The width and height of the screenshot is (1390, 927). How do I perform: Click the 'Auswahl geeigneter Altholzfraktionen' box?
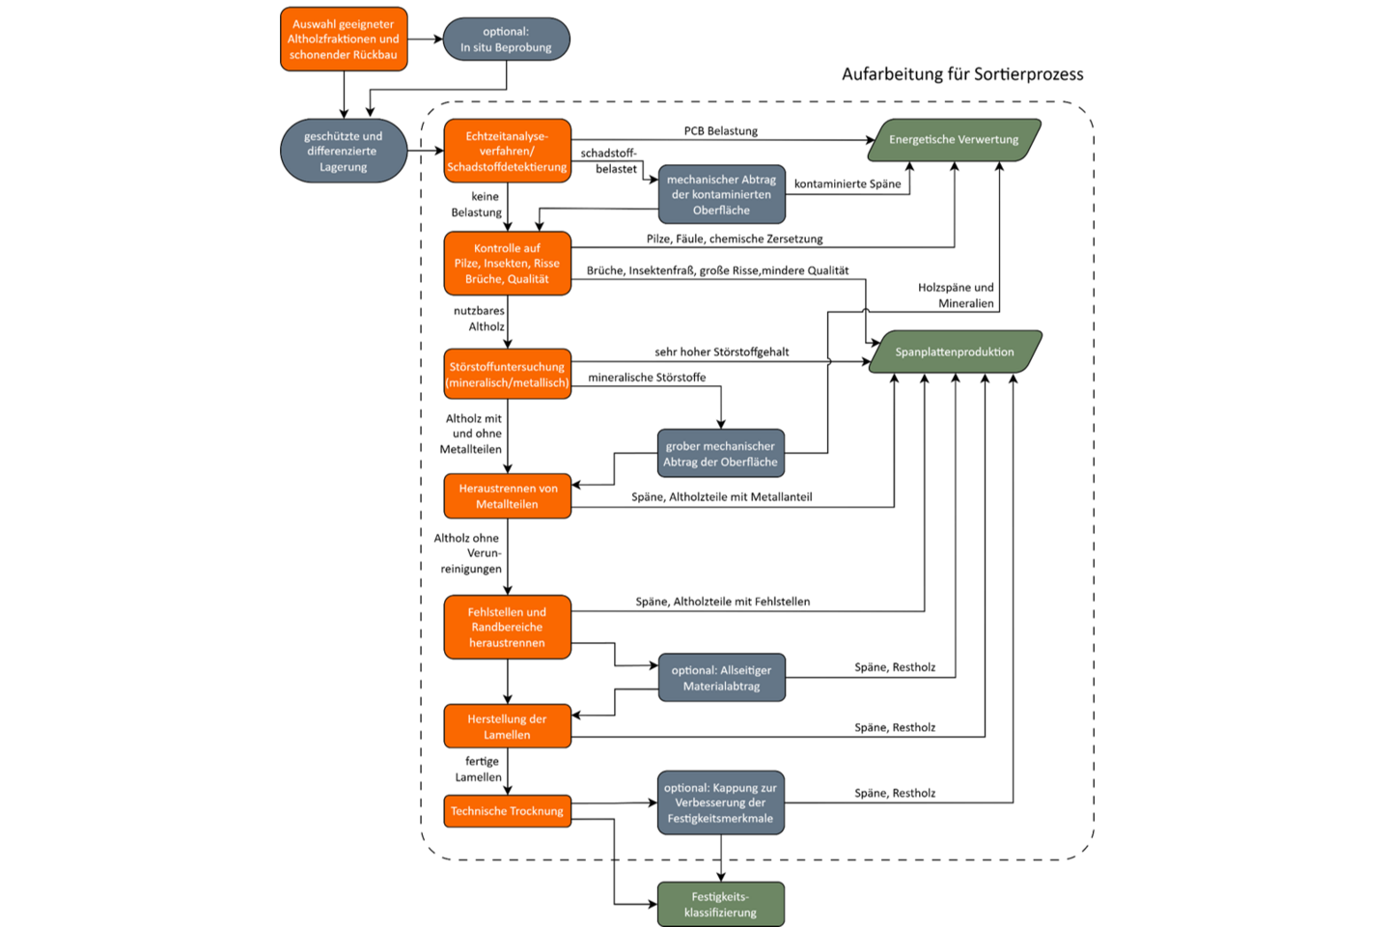coord(344,40)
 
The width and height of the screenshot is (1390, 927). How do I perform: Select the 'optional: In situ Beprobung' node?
coord(507,40)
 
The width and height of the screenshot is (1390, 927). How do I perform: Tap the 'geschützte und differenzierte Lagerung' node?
coord(344,151)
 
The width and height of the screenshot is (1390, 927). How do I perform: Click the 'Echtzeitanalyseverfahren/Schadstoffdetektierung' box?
coord(508,151)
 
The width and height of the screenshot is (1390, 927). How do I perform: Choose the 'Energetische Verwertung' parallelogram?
coord(955,140)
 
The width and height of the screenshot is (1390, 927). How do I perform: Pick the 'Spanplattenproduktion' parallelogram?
coord(955,352)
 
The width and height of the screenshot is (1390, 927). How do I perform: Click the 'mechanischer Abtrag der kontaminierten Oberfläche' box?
coord(722,194)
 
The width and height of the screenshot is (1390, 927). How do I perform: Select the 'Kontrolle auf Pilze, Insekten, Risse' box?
coord(508,264)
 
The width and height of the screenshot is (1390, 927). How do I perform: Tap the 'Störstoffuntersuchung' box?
coord(508,374)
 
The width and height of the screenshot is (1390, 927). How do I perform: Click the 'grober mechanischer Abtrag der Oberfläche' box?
coord(721,453)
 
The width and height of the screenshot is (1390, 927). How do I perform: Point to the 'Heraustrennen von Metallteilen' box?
coord(508,496)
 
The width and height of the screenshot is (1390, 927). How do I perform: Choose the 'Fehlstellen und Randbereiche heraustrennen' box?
coord(508,627)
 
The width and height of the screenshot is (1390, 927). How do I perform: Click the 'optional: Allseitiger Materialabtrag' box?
coord(722,678)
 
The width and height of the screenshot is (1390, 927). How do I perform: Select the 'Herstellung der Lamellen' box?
coord(508,726)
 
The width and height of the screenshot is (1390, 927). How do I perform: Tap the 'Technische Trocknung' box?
coord(508,811)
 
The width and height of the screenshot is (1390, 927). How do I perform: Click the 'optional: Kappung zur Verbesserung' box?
coord(721,802)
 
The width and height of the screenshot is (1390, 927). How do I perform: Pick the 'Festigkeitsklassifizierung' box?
coord(721,904)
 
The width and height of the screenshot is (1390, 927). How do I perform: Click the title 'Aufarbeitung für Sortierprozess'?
coord(962,74)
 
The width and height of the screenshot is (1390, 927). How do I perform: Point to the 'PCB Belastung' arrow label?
coord(721,131)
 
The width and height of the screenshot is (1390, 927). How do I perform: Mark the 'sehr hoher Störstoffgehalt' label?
coord(722,352)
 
